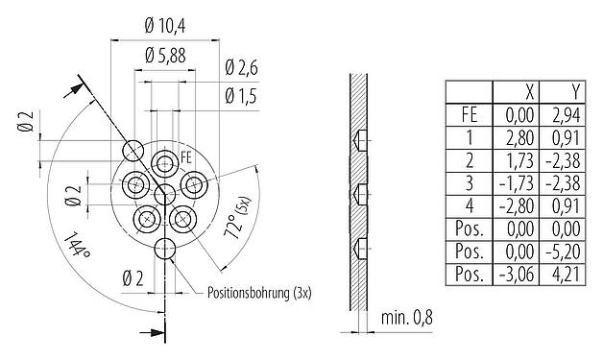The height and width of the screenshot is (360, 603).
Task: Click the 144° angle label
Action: [x=78, y=247]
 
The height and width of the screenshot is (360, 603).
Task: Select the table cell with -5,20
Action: [x=567, y=252]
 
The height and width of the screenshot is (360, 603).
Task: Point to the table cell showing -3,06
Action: [x=519, y=276]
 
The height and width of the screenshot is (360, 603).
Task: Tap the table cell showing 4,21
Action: [x=568, y=276]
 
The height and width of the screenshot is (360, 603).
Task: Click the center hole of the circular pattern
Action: [x=166, y=195]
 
